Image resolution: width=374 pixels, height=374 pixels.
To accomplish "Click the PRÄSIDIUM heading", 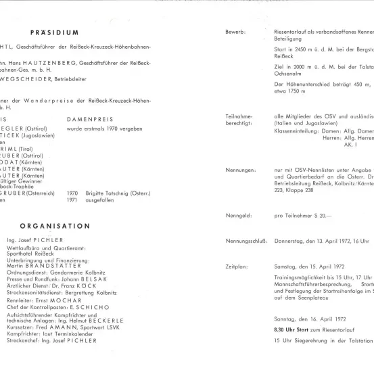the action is click(55, 31).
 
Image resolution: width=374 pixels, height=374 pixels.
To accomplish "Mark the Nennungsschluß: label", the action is click(246, 239).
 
